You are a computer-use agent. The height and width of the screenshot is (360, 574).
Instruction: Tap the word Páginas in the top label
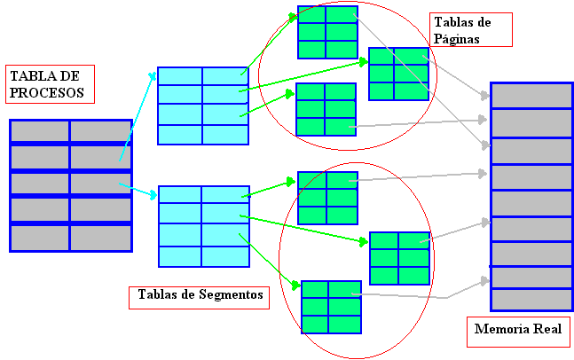[457, 39]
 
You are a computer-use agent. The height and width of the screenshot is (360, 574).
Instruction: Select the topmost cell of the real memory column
[531, 96]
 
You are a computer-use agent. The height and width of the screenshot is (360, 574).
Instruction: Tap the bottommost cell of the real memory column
[531, 299]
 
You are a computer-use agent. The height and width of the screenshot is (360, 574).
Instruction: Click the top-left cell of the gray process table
[40, 130]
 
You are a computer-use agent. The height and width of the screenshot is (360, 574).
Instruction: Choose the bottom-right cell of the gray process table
[100, 238]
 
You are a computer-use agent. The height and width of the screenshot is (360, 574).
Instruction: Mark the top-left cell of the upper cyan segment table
[180, 75]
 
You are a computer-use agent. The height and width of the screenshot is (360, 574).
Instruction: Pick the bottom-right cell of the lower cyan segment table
[224, 255]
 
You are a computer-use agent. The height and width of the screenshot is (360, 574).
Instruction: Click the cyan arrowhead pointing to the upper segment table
[152, 78]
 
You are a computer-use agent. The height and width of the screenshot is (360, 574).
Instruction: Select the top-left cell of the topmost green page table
[311, 16]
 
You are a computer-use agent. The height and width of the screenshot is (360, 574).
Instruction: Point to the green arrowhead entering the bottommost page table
[295, 286]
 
